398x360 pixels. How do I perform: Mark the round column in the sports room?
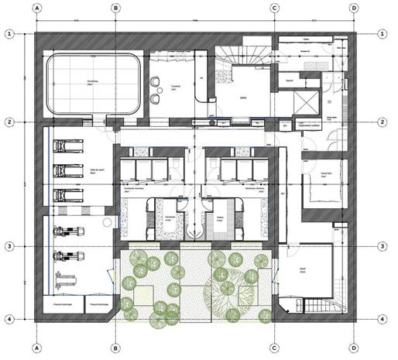pos(107,222)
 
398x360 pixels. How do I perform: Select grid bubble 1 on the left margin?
pos(10,34)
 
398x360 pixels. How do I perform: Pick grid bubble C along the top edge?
pos(274,9)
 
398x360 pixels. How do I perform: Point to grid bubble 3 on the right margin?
pos(383,246)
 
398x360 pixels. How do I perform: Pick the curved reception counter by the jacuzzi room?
pos(203,89)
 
